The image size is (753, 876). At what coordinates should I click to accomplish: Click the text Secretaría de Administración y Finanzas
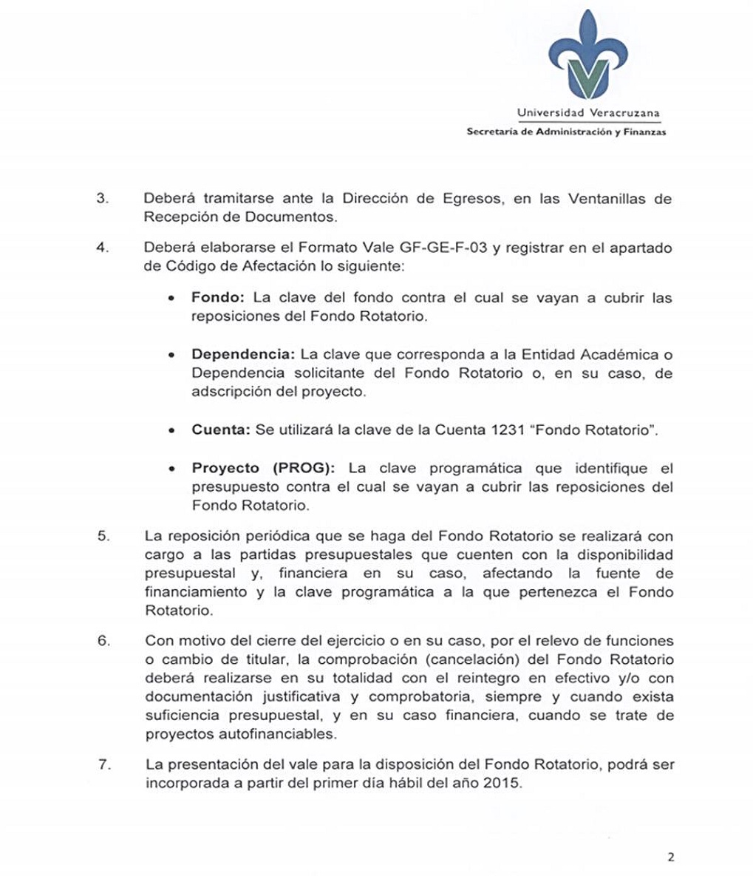566,132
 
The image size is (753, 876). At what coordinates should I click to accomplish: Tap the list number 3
103,199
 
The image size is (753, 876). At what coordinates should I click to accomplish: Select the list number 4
103,248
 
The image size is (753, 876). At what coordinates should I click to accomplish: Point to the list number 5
103,536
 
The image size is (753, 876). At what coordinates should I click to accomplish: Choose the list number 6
103,641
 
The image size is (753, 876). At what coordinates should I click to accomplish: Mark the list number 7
103,764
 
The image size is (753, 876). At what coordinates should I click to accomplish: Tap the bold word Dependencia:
243,354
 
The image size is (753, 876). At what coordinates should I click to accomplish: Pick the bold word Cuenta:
219,429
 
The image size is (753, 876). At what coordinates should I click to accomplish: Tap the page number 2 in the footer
670,858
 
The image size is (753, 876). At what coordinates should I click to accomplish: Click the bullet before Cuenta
171,430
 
